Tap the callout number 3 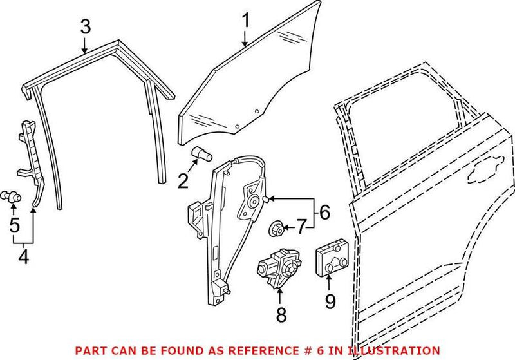pyautogui.click(x=86, y=27)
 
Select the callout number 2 pyautogui.click(x=183, y=182)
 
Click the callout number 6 pyautogui.click(x=324, y=211)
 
